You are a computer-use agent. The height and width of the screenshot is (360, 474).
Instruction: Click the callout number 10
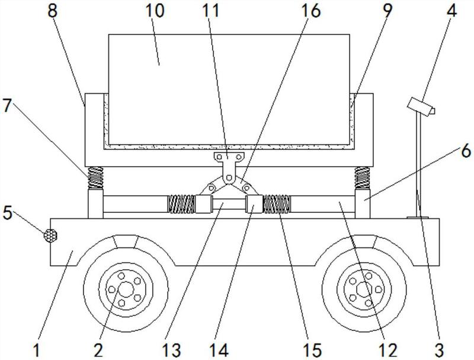[155, 11]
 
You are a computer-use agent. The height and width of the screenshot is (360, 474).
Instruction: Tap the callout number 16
[310, 11]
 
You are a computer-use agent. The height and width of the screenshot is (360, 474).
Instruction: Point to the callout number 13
[171, 351]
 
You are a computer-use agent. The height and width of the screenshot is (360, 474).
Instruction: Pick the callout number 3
[439, 351]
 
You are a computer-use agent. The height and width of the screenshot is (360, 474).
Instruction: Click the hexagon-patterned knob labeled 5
[50, 235]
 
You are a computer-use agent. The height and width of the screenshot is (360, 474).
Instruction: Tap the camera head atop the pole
[421, 107]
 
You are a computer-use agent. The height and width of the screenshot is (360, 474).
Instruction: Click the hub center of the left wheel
[126, 289]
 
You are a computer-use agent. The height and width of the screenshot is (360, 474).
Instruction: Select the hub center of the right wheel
[364, 289]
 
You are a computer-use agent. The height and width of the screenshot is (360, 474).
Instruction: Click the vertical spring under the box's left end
[95, 178]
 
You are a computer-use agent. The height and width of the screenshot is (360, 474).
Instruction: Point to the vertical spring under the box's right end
[363, 178]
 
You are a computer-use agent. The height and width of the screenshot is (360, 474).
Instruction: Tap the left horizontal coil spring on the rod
[181, 204]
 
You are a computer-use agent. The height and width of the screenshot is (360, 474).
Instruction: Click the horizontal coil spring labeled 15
[277, 204]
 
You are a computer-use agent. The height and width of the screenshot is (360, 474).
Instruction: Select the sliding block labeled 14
[255, 204]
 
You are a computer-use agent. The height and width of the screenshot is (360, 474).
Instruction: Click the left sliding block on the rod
[203, 204]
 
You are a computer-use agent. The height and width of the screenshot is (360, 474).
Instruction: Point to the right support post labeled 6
[363, 203]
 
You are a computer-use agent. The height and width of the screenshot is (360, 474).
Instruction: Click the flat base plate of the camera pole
[418, 217]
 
